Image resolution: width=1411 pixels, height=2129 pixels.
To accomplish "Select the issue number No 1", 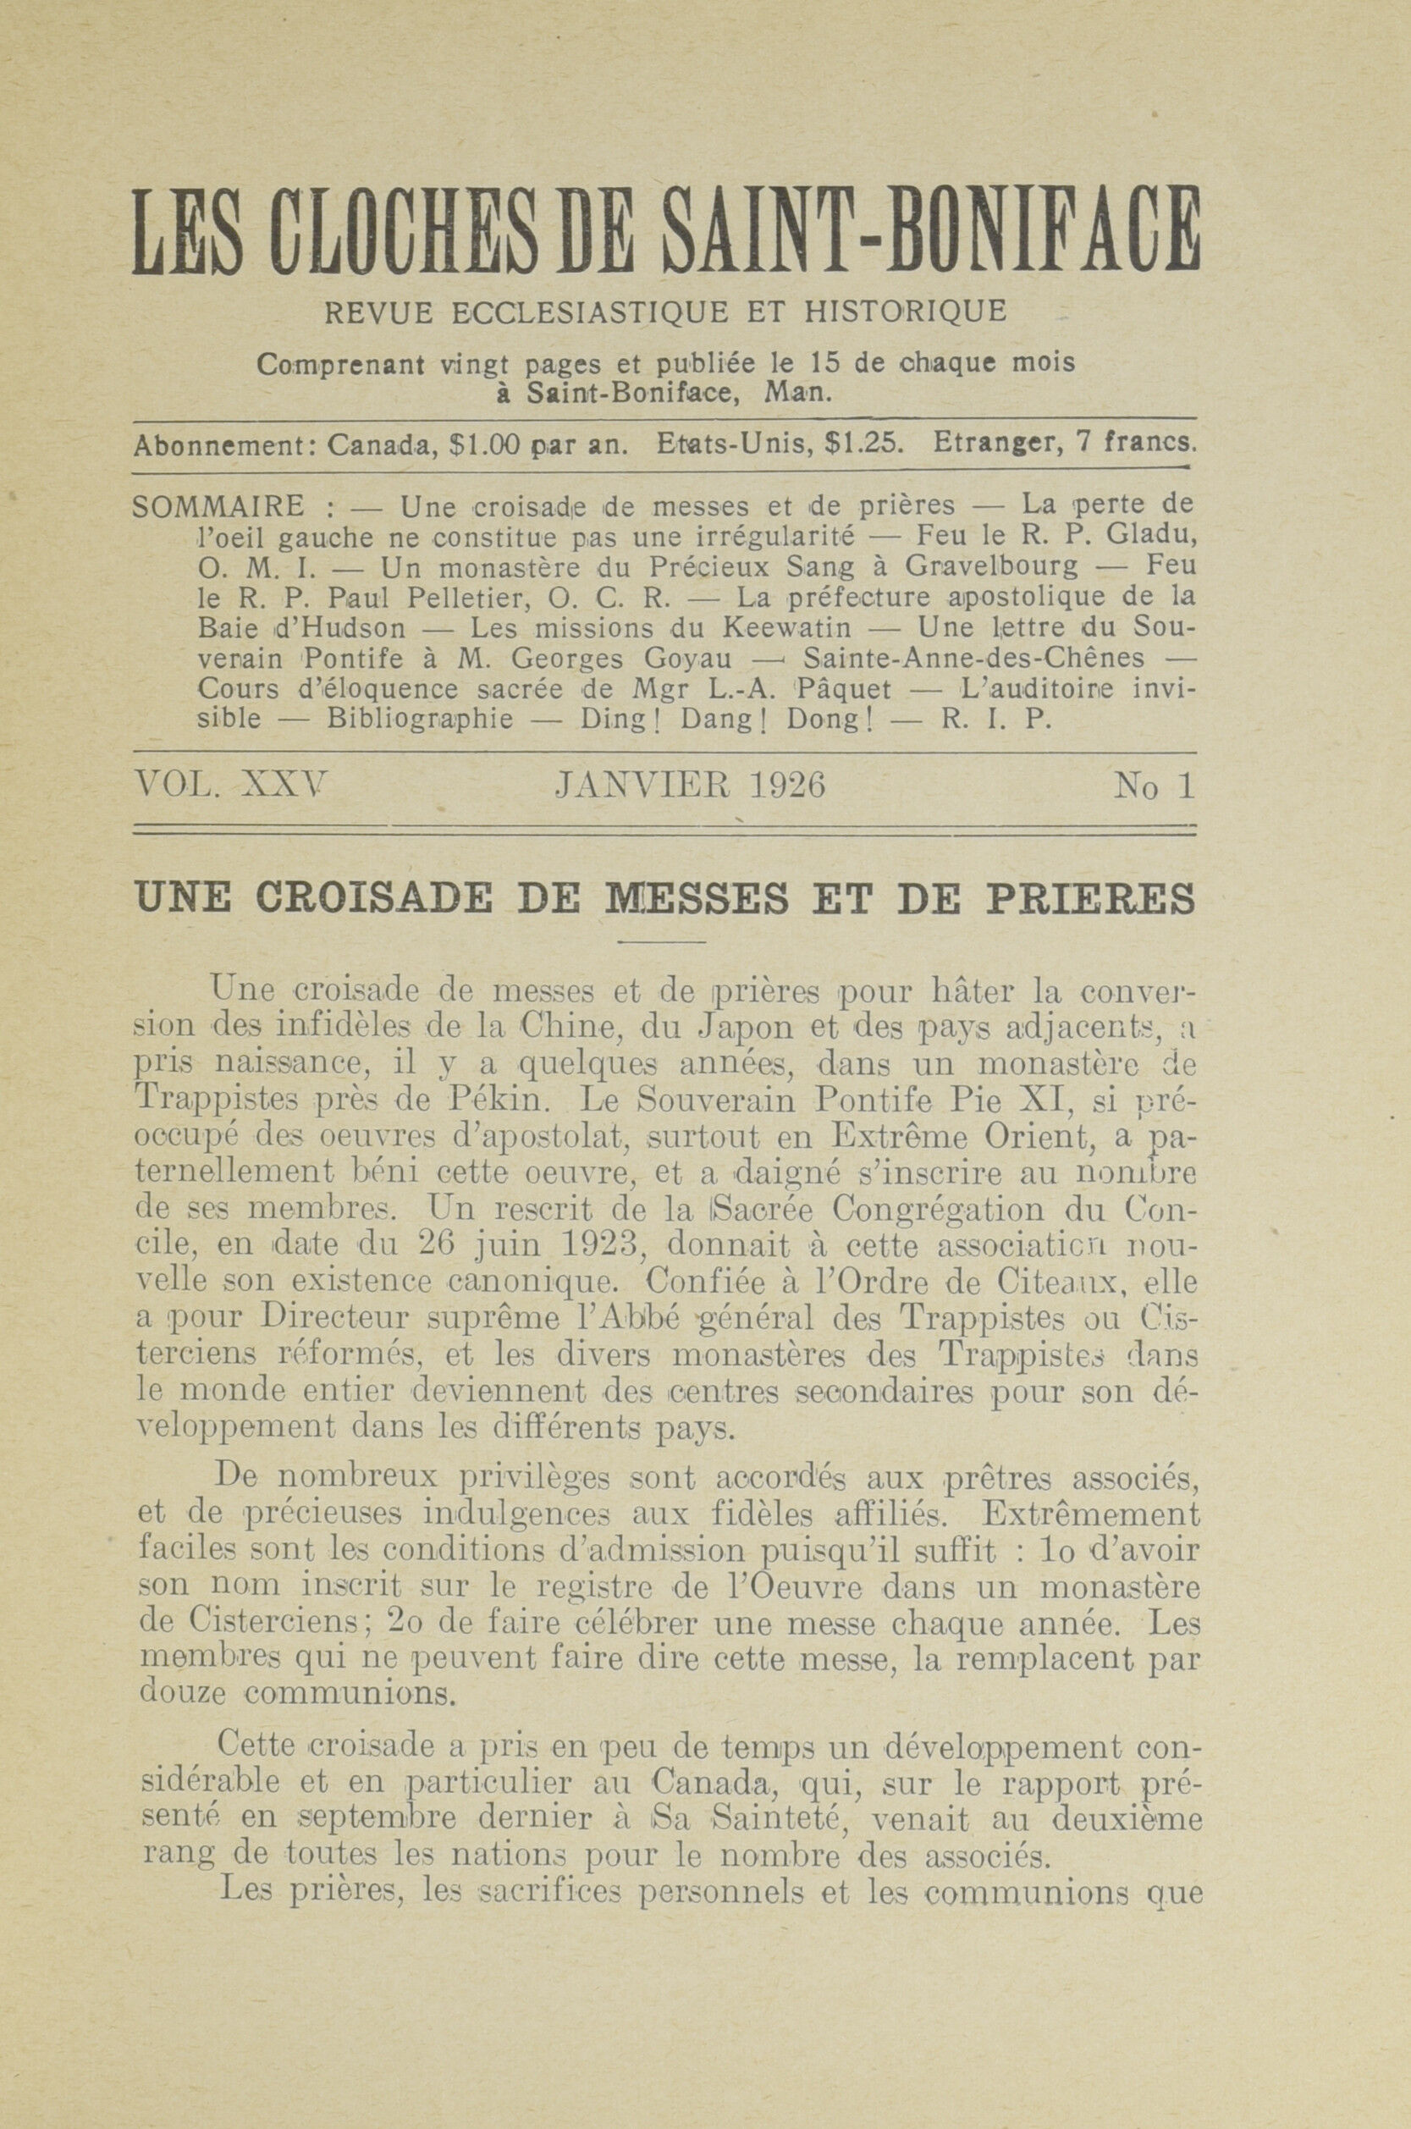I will coord(1155,786).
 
